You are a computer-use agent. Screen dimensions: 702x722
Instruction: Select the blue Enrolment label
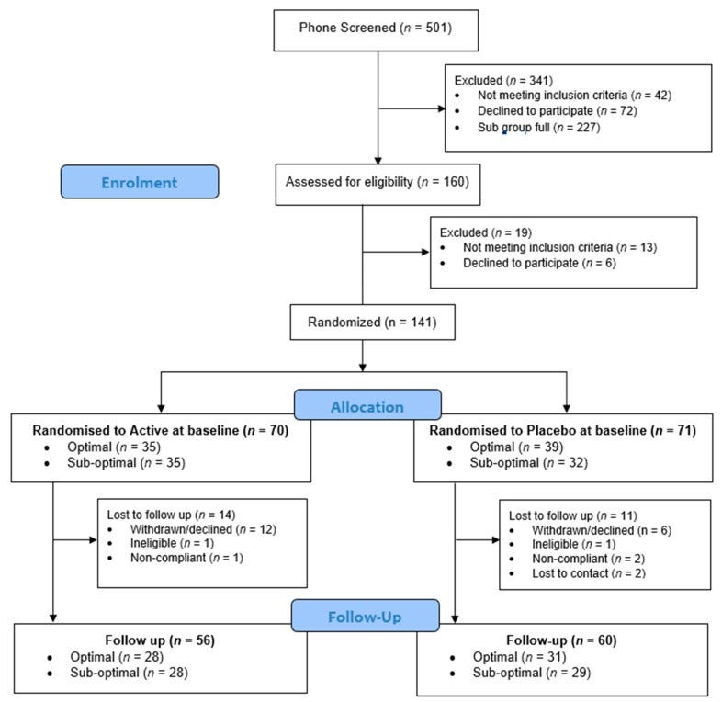pyautogui.click(x=139, y=182)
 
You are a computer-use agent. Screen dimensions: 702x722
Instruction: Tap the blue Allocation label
pyautogui.click(x=367, y=405)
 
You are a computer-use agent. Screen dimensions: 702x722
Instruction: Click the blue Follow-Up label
pyautogui.click(x=366, y=617)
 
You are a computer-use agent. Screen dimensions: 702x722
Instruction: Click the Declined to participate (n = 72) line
pyautogui.click(x=557, y=110)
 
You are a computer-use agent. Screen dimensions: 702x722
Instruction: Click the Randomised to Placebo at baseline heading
pyautogui.click(x=562, y=431)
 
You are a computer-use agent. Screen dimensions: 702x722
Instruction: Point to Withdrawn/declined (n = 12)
pyautogui.click(x=191, y=529)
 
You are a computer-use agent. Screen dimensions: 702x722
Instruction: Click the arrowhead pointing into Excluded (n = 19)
pyautogui.click(x=425, y=252)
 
